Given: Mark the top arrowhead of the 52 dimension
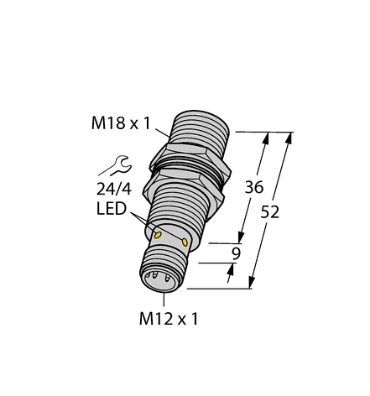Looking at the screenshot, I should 290,136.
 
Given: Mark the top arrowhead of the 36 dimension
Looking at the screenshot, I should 268,136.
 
